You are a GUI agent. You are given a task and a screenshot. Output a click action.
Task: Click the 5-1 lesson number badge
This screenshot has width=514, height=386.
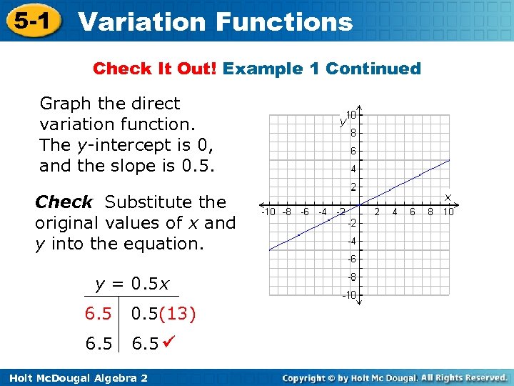click(29, 21)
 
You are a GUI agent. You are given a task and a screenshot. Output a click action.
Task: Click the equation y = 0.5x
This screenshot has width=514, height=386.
click(132, 284)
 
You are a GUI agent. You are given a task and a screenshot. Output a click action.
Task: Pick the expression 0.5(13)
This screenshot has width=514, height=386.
click(163, 314)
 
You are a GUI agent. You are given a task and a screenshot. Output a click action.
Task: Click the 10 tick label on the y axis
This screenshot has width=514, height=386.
click(352, 114)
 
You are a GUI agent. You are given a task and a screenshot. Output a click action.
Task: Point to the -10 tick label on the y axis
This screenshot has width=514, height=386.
click(350, 295)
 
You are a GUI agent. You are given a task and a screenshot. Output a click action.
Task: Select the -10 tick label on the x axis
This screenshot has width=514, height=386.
click(268, 212)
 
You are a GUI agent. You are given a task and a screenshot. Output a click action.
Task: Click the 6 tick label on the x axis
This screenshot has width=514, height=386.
click(413, 212)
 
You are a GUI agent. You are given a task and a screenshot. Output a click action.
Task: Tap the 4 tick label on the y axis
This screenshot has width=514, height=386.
click(353, 169)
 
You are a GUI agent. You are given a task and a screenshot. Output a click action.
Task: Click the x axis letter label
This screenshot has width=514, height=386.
click(448, 196)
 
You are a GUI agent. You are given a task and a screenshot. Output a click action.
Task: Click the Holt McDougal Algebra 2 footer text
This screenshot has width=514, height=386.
click(74, 377)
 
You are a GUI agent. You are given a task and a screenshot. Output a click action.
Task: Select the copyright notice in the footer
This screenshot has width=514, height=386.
click(394, 377)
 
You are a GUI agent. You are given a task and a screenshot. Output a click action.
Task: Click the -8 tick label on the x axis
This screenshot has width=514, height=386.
click(287, 212)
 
